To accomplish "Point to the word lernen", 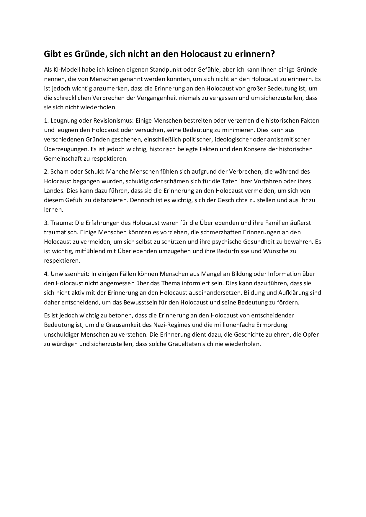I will point(53,210).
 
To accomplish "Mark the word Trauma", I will point(61,223).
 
